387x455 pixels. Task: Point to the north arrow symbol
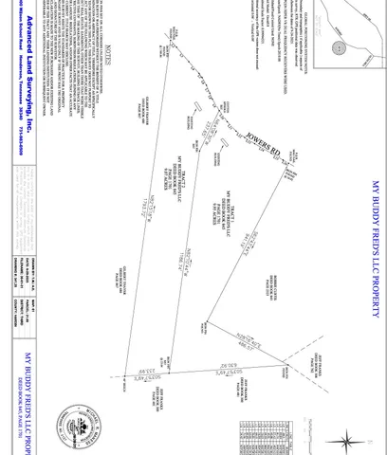[x=349, y=438]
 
